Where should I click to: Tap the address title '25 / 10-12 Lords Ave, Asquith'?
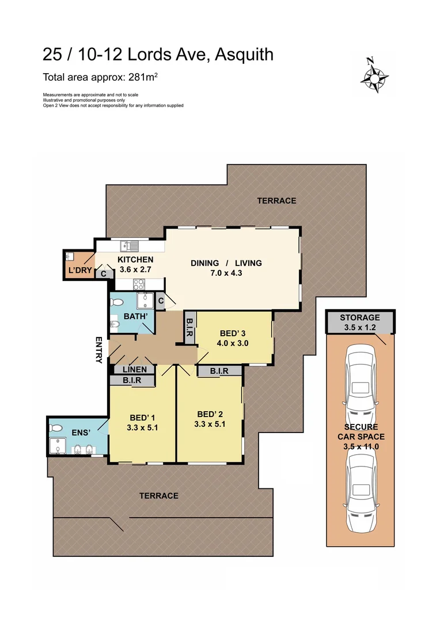pos(158,55)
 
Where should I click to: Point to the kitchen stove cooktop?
pos(139,284)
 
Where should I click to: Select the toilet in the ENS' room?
pos(56,428)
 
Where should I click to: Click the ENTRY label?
pos(98,350)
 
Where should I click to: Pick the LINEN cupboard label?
pos(134,369)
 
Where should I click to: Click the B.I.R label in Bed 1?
pos(133,380)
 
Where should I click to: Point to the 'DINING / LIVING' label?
pos(226,263)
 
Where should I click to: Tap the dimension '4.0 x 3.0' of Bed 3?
pos(233,344)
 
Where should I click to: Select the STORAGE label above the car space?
pos(359,317)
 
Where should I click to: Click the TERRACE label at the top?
pos(276,201)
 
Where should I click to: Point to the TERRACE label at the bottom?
pos(158,496)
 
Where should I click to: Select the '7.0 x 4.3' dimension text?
pos(226,274)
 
